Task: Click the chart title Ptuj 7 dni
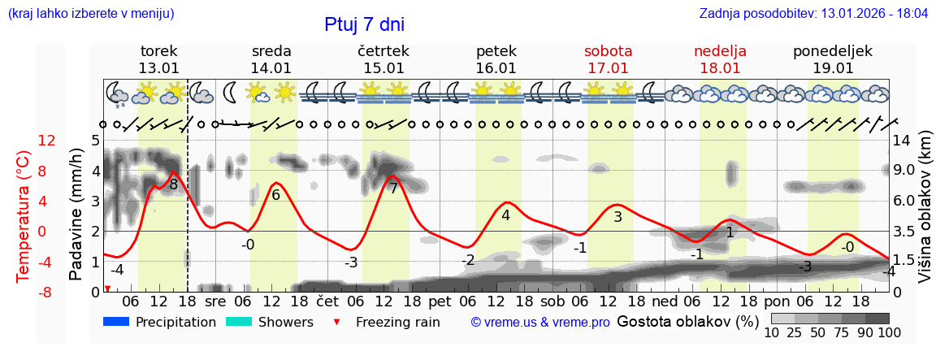(x=364, y=24)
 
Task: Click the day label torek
(x=158, y=51)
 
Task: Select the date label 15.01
(x=383, y=68)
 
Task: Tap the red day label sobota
(x=608, y=51)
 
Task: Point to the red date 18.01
(x=720, y=68)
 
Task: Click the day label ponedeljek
(x=833, y=51)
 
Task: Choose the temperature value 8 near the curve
(x=173, y=184)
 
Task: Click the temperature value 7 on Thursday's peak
(x=393, y=189)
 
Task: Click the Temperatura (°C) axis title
(x=24, y=215)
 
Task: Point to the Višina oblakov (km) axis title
(x=925, y=215)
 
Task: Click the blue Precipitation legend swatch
(x=117, y=322)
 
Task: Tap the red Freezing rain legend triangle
(x=337, y=323)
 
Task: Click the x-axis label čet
(x=327, y=301)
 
